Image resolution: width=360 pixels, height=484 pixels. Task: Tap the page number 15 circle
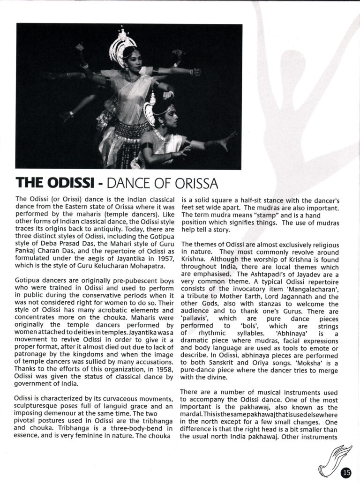(x=346, y=472)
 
